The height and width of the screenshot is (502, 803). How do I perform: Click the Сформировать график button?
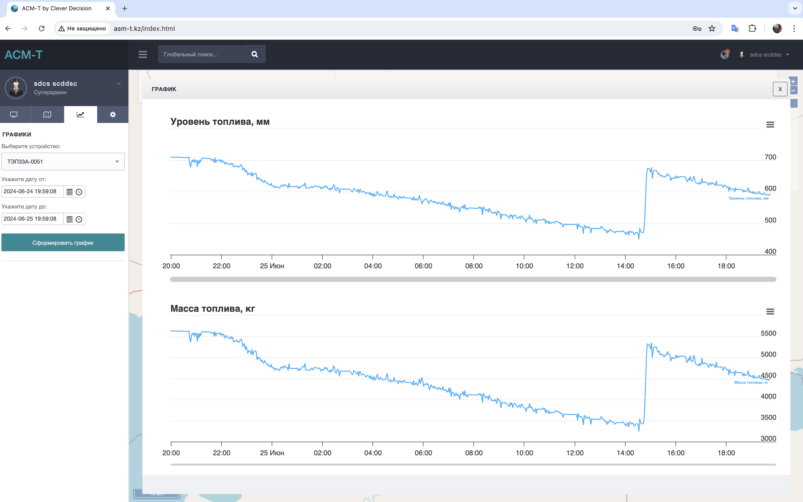pyautogui.click(x=63, y=243)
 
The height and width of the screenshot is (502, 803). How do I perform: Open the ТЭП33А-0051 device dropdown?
pyautogui.click(x=63, y=162)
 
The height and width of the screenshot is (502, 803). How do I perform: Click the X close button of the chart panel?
pyautogui.click(x=780, y=89)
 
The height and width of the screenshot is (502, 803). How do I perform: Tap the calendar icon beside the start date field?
pyautogui.click(x=69, y=192)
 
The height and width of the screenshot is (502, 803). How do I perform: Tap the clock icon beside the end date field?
pyautogui.click(x=79, y=219)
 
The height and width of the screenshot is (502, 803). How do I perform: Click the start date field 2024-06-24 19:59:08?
pyautogui.click(x=32, y=192)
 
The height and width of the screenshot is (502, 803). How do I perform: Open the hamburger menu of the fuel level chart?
pyautogui.click(x=770, y=125)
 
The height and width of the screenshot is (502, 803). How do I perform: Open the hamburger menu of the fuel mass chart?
pyautogui.click(x=770, y=312)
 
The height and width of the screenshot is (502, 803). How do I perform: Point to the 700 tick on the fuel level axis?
pyautogui.click(x=770, y=157)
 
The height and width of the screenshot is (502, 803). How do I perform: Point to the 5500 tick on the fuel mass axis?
pyautogui.click(x=768, y=333)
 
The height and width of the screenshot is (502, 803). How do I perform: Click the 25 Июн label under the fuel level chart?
pyautogui.click(x=272, y=266)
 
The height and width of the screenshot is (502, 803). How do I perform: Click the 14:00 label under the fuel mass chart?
pyautogui.click(x=625, y=453)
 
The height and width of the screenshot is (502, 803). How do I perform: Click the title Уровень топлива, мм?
pyautogui.click(x=220, y=122)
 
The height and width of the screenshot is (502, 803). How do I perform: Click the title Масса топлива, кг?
pyautogui.click(x=212, y=309)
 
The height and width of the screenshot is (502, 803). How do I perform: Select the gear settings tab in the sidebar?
pyautogui.click(x=113, y=115)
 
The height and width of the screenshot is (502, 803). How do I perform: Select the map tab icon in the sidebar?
pyautogui.click(x=47, y=115)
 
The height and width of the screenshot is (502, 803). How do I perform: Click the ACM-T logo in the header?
pyautogui.click(x=24, y=55)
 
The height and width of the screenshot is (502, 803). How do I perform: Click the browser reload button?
pyautogui.click(x=42, y=29)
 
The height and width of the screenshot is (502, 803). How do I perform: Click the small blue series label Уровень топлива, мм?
pyautogui.click(x=748, y=199)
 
